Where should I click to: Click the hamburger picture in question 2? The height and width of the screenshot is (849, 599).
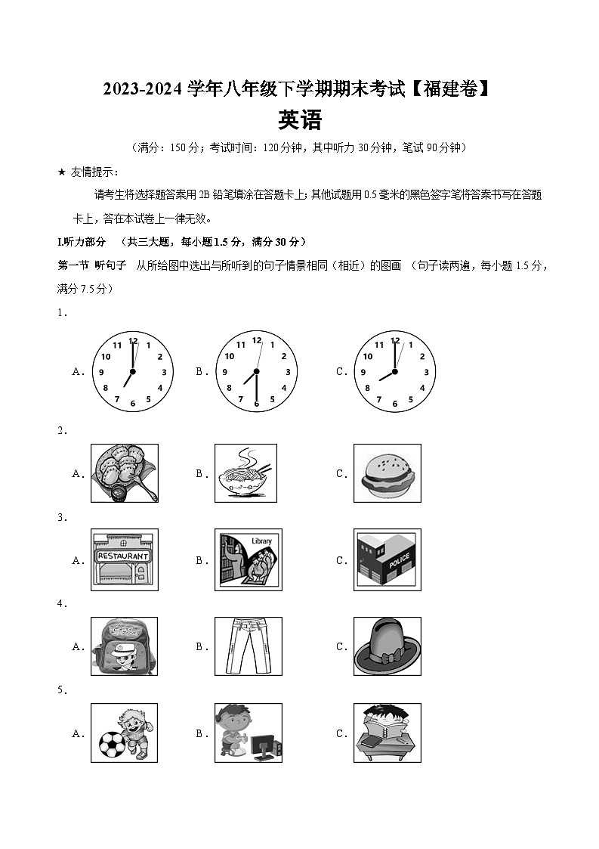387,473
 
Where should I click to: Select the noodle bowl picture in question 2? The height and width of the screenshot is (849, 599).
248,473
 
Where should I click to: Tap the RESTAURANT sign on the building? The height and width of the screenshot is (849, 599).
122,556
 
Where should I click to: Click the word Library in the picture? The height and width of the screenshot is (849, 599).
261,541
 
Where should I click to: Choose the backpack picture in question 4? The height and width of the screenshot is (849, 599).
124,646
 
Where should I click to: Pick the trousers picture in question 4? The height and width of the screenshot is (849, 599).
248,646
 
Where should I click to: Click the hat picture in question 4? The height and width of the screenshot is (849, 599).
387,646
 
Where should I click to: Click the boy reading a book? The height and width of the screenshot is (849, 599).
387,732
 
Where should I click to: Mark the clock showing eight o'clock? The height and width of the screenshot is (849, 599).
394,372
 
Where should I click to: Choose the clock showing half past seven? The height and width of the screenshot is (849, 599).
256,372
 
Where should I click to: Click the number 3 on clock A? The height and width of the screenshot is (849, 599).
164,372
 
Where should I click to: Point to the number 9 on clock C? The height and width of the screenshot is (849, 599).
363,373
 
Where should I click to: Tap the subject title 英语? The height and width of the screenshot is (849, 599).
299,121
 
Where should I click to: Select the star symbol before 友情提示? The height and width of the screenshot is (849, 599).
62,172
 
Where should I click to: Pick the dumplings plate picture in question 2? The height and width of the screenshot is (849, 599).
124,473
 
